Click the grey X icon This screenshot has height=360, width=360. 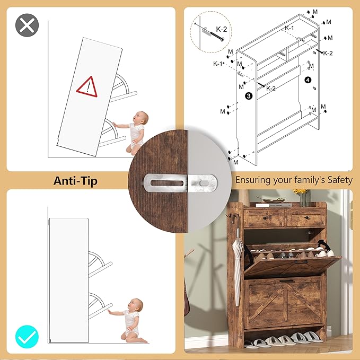coord(27,25)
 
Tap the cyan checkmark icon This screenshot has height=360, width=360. coord(27,337)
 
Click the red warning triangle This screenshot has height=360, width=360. coord(87,87)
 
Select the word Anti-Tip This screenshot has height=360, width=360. coord(75,181)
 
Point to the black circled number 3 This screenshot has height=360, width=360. coord(249,96)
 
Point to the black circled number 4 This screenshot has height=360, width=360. coord(308,80)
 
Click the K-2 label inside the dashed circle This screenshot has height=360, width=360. coord(221,29)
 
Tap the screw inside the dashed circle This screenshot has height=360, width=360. coord(216,37)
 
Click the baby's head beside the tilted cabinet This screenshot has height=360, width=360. coord(141,118)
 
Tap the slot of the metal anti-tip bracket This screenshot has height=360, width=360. coord(167,183)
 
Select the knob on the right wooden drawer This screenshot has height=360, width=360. coord(306,217)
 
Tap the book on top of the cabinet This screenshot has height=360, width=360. coord(274,205)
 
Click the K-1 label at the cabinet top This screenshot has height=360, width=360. coord(289,28)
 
